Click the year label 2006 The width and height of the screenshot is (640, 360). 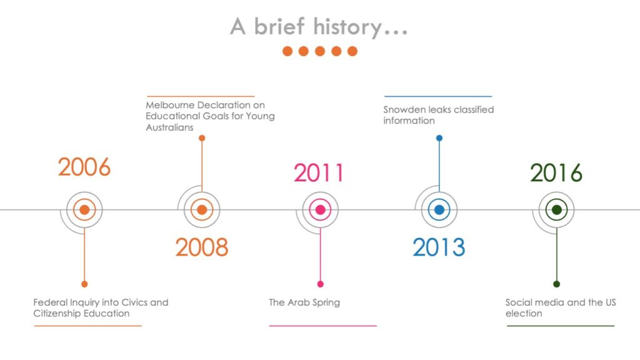pos(84,167)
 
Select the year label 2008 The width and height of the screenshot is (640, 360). pos(202,247)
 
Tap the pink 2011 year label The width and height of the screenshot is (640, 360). pos(319,172)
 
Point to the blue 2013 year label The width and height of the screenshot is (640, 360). pos(439,247)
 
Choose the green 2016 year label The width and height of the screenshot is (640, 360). pos(556,172)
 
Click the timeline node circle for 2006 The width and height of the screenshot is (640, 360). pos(84,210)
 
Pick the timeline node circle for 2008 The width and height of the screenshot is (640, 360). pos(202,210)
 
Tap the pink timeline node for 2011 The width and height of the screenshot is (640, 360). pos(321,210)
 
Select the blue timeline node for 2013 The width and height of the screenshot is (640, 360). pos(439,210)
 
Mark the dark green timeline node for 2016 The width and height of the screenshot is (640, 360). pos(557,210)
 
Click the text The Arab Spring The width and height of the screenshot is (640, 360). pos(304,302)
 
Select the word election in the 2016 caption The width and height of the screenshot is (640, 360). pos(524,314)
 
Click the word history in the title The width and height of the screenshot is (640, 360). pos(347,27)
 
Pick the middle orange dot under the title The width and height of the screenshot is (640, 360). pos(320,51)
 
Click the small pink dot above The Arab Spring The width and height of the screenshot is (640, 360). pos(321,284)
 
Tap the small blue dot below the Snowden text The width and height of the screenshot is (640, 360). pos(439,138)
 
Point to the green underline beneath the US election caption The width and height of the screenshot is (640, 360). pos(561,326)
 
